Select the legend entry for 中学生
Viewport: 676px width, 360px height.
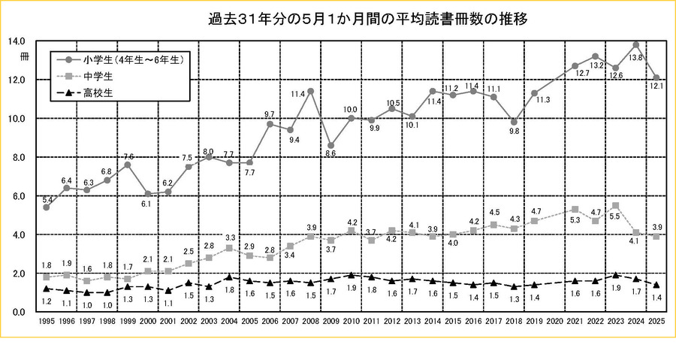click(x=98, y=76)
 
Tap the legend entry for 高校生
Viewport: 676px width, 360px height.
click(x=98, y=94)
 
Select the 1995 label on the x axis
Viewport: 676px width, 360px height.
click(x=47, y=322)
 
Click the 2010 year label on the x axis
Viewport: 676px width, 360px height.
click(x=352, y=322)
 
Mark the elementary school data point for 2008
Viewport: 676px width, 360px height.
click(x=310, y=91)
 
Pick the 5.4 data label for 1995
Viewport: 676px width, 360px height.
click(x=47, y=200)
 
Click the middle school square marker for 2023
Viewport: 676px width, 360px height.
click(x=616, y=205)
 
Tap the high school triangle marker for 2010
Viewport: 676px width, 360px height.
click(x=351, y=275)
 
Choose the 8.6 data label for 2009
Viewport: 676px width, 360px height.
click(x=330, y=153)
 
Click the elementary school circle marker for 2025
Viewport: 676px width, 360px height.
click(x=656, y=77)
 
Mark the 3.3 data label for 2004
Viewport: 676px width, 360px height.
click(x=230, y=237)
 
